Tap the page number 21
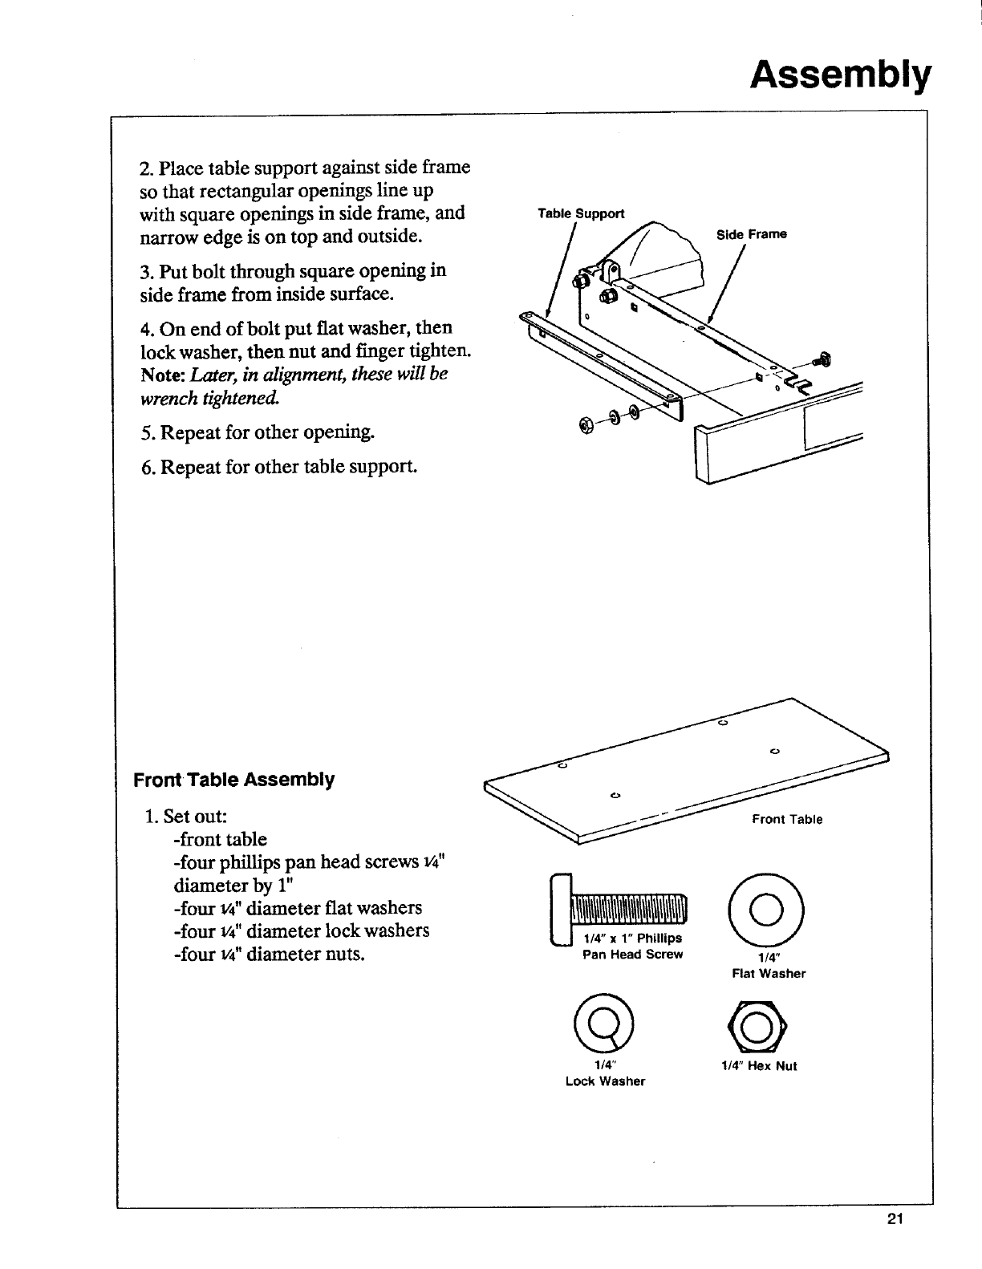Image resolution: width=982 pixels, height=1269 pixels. tap(895, 1221)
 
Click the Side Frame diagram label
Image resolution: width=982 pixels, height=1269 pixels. tap(751, 234)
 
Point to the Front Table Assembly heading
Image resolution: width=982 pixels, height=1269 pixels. tap(234, 780)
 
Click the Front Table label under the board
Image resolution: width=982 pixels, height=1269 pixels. tap(786, 819)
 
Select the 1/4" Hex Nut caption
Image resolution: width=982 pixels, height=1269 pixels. tap(759, 1066)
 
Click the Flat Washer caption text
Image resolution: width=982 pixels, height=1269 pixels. tap(769, 973)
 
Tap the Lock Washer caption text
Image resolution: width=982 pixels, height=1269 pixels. tap(605, 1081)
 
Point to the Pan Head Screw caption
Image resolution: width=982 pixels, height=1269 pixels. tap(632, 955)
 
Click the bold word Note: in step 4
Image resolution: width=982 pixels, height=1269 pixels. tap(164, 375)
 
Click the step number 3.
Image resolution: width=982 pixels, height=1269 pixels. tap(147, 271)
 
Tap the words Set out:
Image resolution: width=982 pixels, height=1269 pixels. tap(196, 816)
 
